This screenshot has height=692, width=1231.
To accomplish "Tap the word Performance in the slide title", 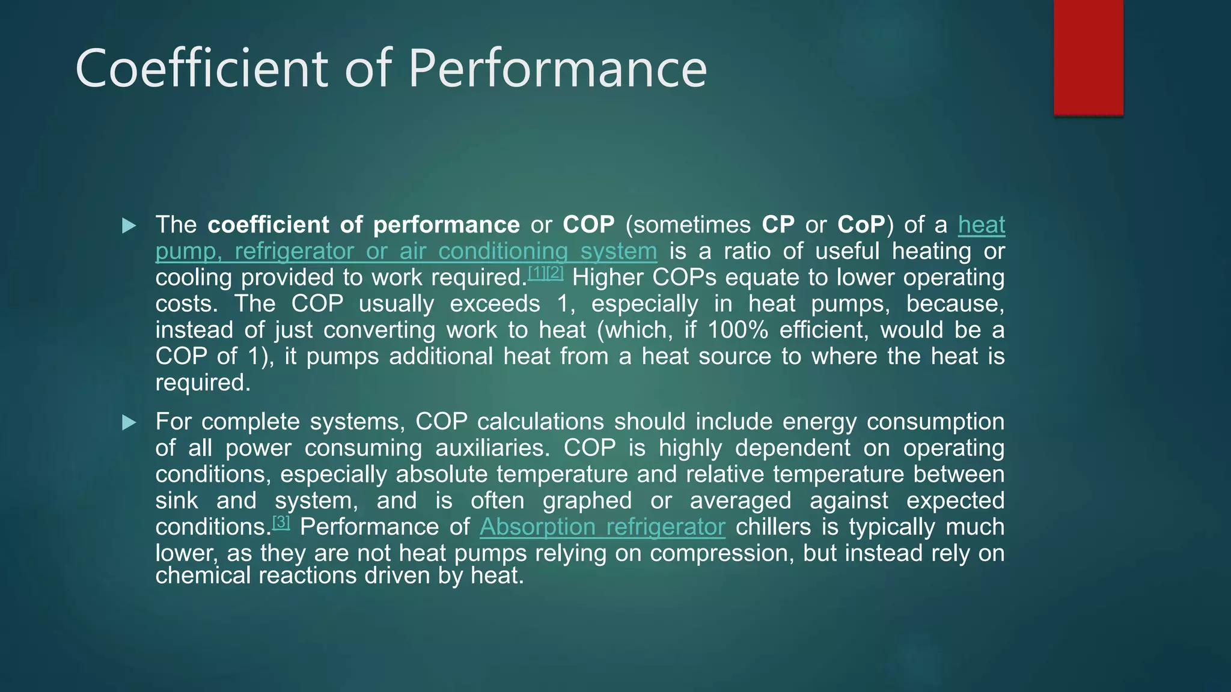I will coord(557,68).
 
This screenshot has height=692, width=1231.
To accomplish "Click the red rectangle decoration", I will coord(1088,57).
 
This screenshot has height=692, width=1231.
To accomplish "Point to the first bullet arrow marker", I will coord(129,226).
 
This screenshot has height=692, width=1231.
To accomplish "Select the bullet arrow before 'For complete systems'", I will coord(129,423).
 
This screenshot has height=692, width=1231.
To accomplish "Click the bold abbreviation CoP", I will coord(861,225).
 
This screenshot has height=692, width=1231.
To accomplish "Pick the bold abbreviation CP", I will coord(778,225).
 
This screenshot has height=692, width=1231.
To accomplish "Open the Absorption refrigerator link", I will coord(602,527).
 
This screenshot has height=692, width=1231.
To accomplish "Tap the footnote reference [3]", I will coord(281,522).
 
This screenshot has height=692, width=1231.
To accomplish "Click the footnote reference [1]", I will coord(537,273).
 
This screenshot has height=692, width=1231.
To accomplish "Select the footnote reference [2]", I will coord(555,273).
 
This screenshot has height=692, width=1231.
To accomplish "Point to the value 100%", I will coord(738,330).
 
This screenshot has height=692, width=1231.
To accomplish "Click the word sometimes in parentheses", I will coord(692,225).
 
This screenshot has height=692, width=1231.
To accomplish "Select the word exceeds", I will coord(495,304).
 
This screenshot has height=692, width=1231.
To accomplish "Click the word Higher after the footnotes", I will coord(607,278).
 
